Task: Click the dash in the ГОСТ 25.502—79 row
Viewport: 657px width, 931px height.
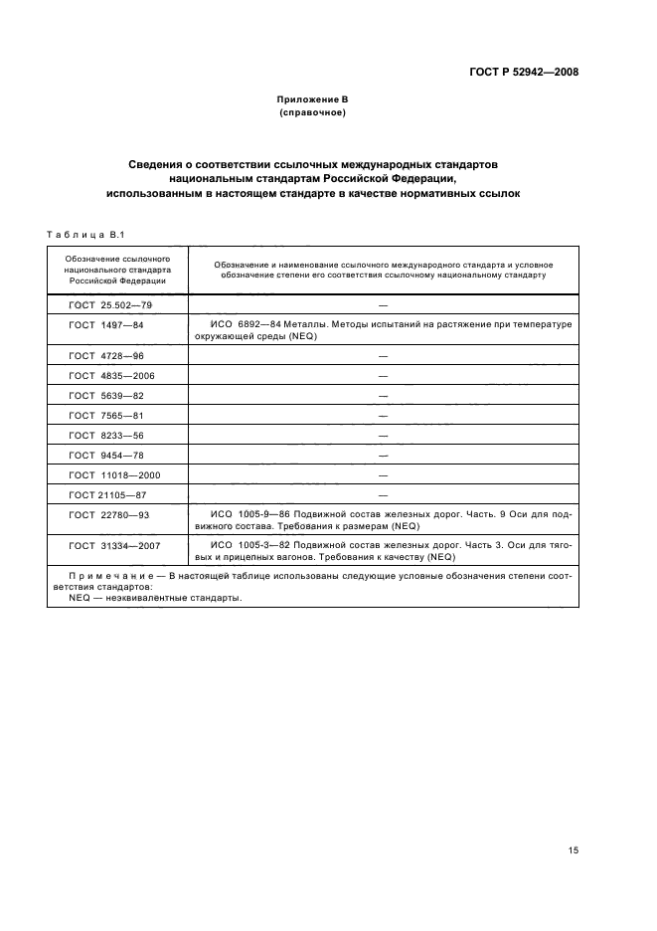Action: (383, 304)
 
